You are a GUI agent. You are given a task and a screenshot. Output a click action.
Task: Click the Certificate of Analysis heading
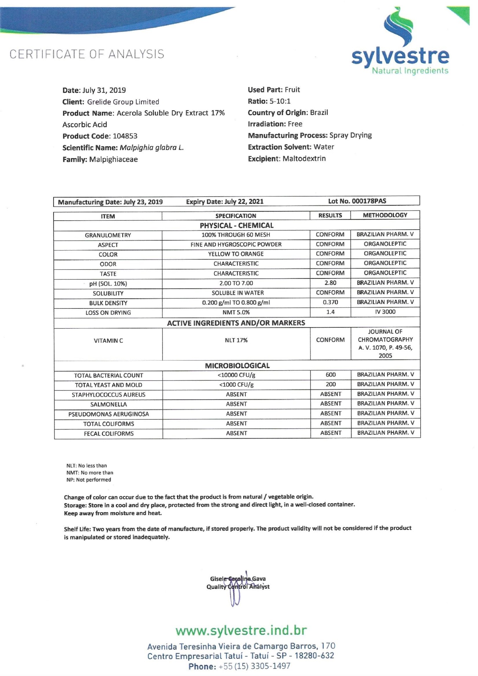click(x=87, y=54)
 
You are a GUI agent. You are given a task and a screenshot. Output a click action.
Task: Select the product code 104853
click(x=125, y=136)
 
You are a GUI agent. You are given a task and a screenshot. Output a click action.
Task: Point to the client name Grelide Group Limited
click(x=123, y=102)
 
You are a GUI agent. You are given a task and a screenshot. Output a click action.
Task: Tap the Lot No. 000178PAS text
click(x=357, y=201)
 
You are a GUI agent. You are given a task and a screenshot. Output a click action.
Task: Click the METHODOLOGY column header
click(x=385, y=215)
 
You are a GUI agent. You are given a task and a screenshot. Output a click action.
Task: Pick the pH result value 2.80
click(x=330, y=283)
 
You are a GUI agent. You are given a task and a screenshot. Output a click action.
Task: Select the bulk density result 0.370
click(x=330, y=302)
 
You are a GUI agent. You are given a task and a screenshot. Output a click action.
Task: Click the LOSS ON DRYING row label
click(x=108, y=313)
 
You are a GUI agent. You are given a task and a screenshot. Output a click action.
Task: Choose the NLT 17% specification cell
click(x=236, y=340)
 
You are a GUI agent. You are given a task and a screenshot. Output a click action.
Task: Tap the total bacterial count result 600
click(x=331, y=375)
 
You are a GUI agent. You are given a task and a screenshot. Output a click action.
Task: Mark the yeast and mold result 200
click(x=331, y=384)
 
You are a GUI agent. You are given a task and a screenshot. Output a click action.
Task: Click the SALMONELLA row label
click(x=108, y=405)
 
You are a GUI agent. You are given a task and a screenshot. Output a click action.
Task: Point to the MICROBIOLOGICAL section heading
click(x=237, y=365)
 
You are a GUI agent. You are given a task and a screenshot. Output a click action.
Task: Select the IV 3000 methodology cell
click(x=385, y=312)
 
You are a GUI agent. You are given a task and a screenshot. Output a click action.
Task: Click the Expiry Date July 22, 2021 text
click(x=225, y=202)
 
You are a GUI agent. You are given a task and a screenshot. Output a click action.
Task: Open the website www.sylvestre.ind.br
click(x=241, y=630)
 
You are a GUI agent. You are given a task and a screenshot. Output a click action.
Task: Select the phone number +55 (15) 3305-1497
click(x=254, y=666)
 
